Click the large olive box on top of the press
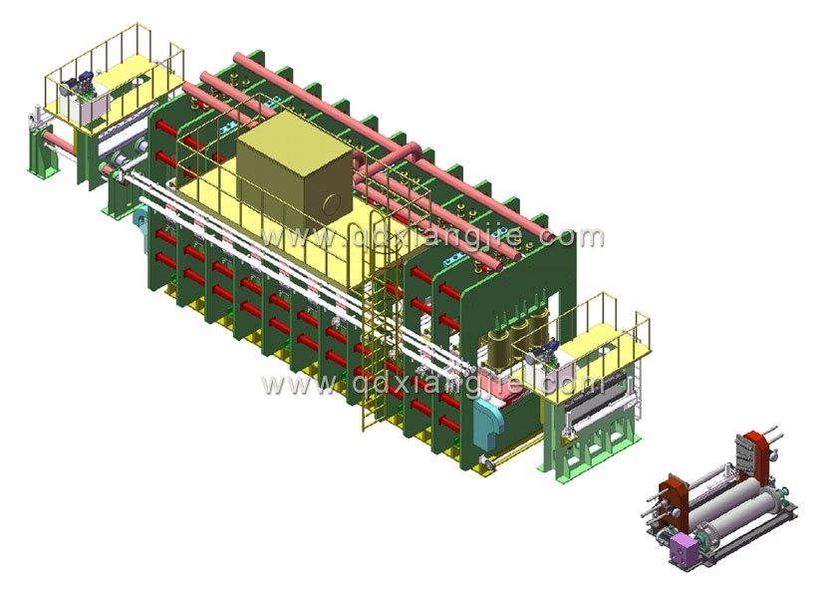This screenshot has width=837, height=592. click(x=294, y=171)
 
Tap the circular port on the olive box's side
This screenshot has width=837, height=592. click(x=332, y=204)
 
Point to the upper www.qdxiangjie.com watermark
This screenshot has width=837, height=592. click(x=432, y=236)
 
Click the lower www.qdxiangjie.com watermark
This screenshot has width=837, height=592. click(x=432, y=384)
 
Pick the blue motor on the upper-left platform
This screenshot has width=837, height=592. click(x=81, y=82)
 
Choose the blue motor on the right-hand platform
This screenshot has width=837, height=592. click(x=544, y=353)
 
